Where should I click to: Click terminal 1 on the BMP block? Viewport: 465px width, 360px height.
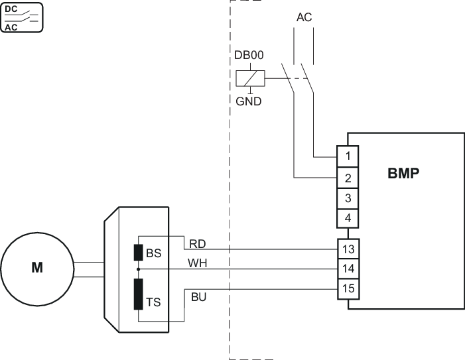pyautogui.click(x=349, y=157)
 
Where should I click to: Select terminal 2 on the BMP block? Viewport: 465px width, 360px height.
pyautogui.click(x=349, y=178)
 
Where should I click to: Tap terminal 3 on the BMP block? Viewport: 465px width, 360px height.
pyautogui.click(x=349, y=198)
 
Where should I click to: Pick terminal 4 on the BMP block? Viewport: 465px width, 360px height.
pyautogui.click(x=349, y=217)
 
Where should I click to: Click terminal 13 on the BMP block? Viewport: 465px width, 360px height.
pyautogui.click(x=349, y=249)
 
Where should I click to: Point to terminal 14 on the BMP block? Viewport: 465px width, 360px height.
pyautogui.click(x=349, y=269)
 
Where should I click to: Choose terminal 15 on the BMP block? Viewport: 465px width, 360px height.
pyautogui.click(x=349, y=288)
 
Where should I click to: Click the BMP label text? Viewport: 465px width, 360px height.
pyautogui.click(x=404, y=174)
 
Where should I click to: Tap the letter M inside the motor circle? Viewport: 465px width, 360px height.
pyautogui.click(x=36, y=269)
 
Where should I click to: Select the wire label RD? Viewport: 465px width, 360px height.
pyautogui.click(x=198, y=243)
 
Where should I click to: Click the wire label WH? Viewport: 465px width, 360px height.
pyautogui.click(x=198, y=263)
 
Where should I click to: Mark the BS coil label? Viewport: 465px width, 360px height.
pyautogui.click(x=153, y=253)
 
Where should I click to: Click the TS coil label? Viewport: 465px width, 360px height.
pyautogui.click(x=153, y=302)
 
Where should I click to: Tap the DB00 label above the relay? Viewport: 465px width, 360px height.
pyautogui.click(x=249, y=56)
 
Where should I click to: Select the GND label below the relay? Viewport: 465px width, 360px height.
pyautogui.click(x=249, y=102)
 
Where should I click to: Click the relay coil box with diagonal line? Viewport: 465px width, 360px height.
pyautogui.click(x=249, y=79)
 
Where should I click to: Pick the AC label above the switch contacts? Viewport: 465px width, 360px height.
pyautogui.click(x=304, y=17)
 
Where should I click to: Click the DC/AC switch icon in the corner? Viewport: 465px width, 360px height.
pyautogui.click(x=22, y=17)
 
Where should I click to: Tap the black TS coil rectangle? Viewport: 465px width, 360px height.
pyautogui.click(x=139, y=294)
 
